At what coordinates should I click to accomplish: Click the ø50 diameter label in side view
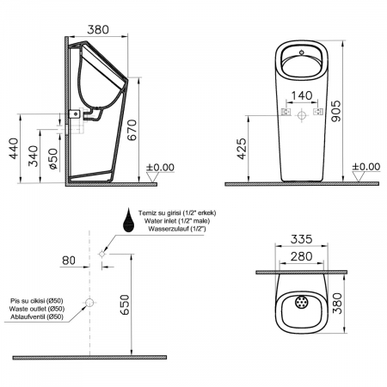tap(53, 158)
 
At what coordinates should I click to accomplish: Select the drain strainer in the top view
tap(301, 303)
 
